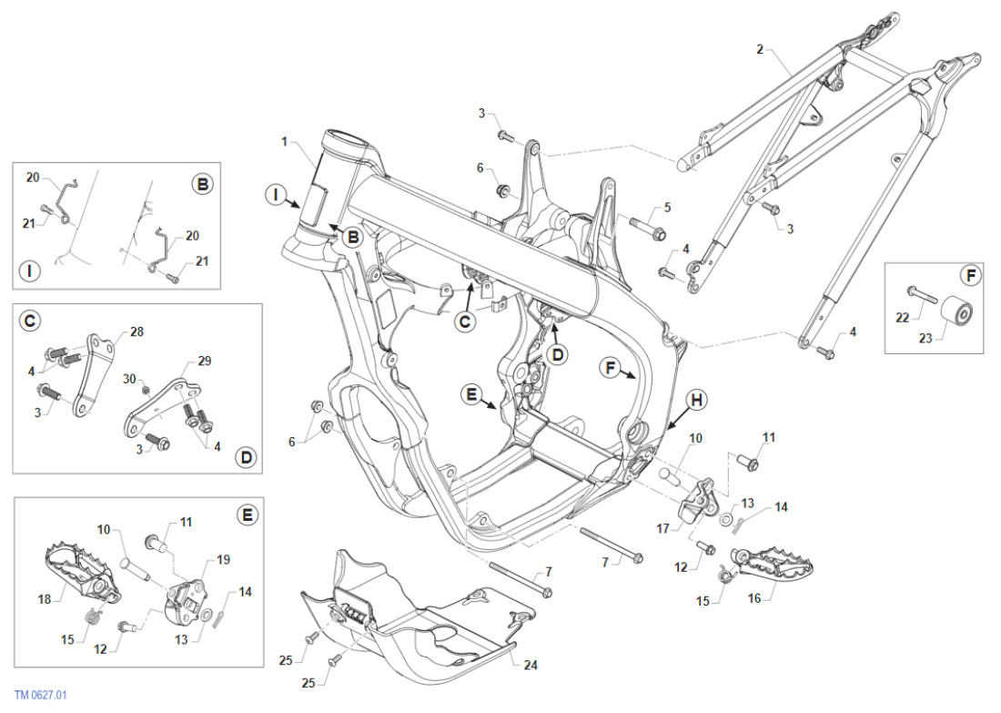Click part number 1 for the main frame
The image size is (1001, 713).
pyautogui.click(x=285, y=142)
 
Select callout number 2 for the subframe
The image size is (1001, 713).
pyautogui.click(x=760, y=48)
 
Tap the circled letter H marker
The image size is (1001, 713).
pyautogui.click(x=697, y=400)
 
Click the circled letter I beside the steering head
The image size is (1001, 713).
pyautogui.click(x=276, y=193)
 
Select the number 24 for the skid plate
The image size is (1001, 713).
pyautogui.click(x=531, y=665)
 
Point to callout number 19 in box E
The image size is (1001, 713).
pyautogui.click(x=223, y=560)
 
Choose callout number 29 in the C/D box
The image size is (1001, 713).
pyautogui.click(x=204, y=362)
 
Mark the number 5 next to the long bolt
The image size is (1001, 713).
pyautogui.click(x=667, y=208)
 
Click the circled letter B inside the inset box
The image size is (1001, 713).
pyautogui.click(x=202, y=184)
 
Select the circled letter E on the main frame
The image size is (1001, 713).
pyautogui.click(x=470, y=394)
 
